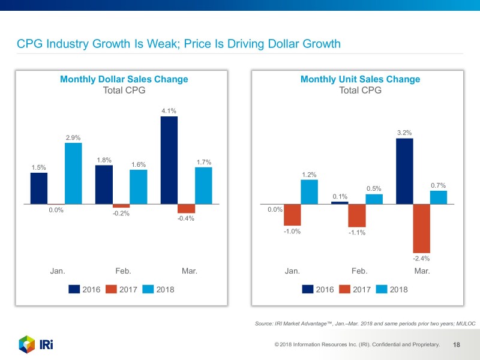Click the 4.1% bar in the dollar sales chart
click(x=169, y=160)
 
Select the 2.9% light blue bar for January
click(x=73, y=173)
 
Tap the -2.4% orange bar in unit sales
click(x=422, y=228)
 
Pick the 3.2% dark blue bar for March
click(x=404, y=171)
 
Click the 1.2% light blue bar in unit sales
click(x=309, y=192)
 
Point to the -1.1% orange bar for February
click(x=357, y=215)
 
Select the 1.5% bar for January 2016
click(x=39, y=188)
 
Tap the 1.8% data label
click(x=104, y=160)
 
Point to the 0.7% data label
click(x=438, y=185)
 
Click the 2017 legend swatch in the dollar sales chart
click(x=110, y=289)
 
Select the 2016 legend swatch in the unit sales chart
click(x=308, y=289)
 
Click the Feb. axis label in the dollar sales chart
click(x=123, y=271)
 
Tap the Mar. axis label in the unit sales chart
click(x=422, y=271)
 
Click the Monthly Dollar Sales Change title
click(x=124, y=79)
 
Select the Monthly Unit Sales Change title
click(x=360, y=79)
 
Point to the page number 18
click(x=457, y=344)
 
